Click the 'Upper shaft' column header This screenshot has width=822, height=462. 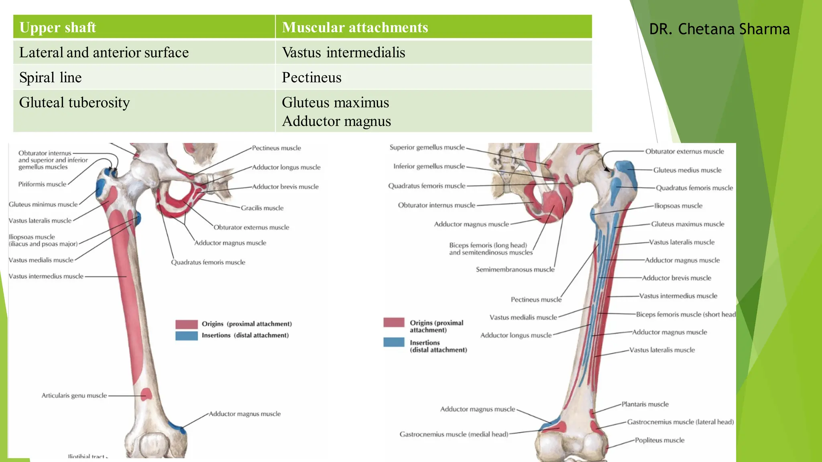pos(58,27)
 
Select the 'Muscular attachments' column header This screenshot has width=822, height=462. pos(355,27)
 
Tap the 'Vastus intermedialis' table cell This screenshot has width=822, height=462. pos(344,53)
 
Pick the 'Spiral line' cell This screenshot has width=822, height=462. pos(51,77)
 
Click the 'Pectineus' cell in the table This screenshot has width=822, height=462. pos(311,77)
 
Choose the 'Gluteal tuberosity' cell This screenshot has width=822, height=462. pos(75,103)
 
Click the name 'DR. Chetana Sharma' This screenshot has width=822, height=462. pos(719,29)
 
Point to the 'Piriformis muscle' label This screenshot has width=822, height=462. pos(42,184)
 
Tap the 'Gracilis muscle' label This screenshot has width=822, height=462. pos(262,208)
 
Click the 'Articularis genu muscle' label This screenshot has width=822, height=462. pos(74,395)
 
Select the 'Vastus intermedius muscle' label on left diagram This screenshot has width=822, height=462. pos(46,276)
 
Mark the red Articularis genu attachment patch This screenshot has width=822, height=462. pos(146,394)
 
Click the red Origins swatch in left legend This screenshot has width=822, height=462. pos(187,324)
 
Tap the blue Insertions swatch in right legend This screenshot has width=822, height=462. pos(394,342)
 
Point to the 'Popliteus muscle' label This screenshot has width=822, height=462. pos(659,440)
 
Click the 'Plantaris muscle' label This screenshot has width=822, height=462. pos(645,404)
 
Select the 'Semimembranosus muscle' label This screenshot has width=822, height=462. pos(515,269)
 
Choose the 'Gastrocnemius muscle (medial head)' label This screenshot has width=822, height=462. pos(454,434)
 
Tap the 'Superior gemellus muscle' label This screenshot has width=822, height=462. pos(427,148)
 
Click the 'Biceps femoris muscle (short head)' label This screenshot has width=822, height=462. pos(686,314)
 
